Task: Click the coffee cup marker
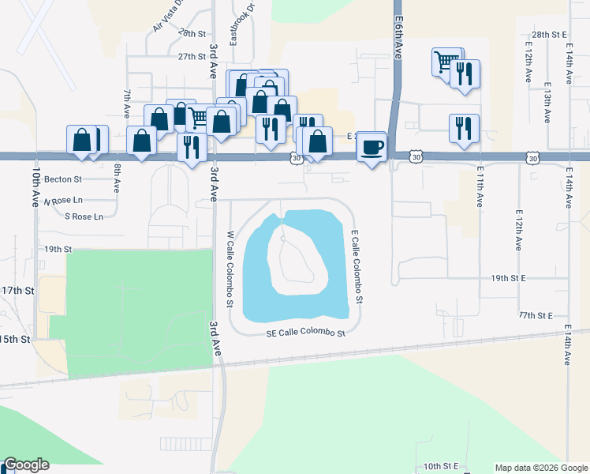click(x=372, y=145)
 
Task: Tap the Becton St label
click(x=63, y=179)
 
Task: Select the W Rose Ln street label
click(x=62, y=201)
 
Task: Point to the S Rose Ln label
click(x=84, y=216)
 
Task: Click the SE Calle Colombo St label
click(x=306, y=333)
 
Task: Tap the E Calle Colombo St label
click(x=357, y=266)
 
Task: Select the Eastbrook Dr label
click(x=233, y=26)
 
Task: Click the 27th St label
click(x=192, y=57)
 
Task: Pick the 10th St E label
click(x=440, y=467)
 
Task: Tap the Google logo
click(x=26, y=465)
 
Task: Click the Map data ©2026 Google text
click(x=541, y=468)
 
